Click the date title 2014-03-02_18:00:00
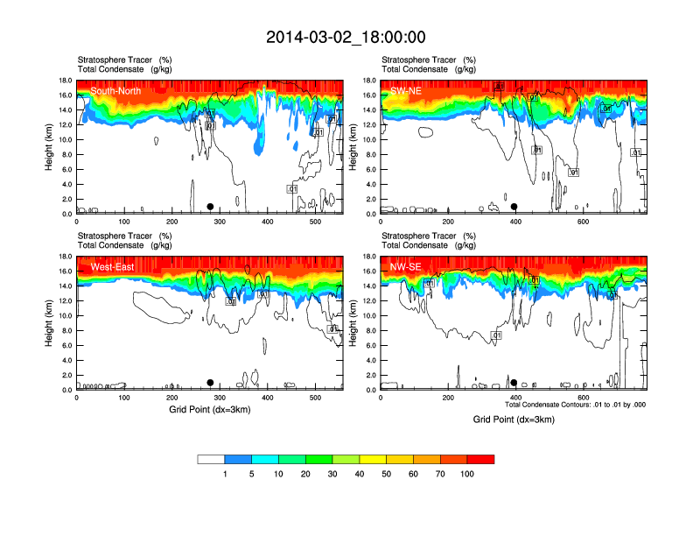(x=346, y=37)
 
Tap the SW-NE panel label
(x=407, y=90)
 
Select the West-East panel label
(x=112, y=266)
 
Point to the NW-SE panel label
(x=407, y=266)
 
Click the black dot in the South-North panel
(x=210, y=207)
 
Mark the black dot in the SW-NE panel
(x=514, y=207)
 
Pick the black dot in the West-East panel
(x=210, y=383)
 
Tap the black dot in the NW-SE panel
(x=514, y=383)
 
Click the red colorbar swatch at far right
(x=480, y=459)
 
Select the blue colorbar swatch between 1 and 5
(x=238, y=459)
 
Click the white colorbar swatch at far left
(x=211, y=459)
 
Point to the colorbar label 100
(x=466, y=474)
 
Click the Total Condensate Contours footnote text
(x=575, y=405)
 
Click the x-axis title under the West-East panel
(x=209, y=409)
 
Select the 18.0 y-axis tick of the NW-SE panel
(x=369, y=257)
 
